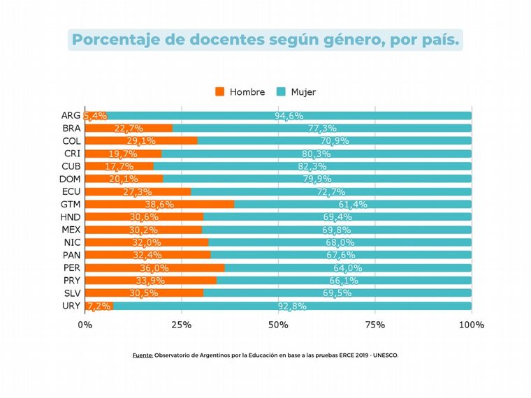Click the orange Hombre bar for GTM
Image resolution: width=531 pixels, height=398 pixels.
[159, 205]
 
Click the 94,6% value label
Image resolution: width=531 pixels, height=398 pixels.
[289, 116]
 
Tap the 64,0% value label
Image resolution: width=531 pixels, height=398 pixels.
[347, 268]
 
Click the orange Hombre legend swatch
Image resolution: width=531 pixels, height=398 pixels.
[220, 91]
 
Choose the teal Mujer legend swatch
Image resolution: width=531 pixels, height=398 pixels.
[281, 91]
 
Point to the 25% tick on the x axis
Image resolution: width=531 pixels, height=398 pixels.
[182, 325]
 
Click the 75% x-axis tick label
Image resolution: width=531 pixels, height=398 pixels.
[375, 325]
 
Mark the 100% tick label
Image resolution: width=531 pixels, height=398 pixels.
[471, 325]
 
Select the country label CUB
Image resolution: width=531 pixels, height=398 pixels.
[71, 167]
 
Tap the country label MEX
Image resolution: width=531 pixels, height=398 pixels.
[71, 230]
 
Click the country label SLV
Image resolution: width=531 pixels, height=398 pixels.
[71, 293]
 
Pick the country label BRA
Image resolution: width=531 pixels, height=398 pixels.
[71, 128]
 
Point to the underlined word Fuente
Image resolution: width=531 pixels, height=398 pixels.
[143, 355]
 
